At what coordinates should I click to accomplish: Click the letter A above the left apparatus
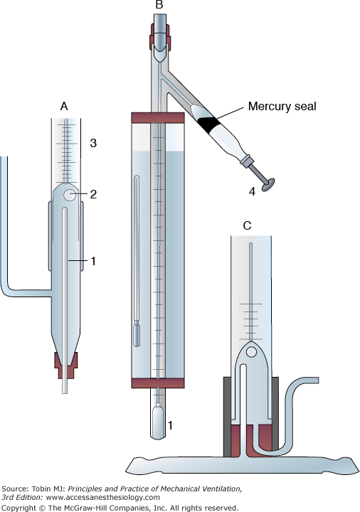pyautogui.click(x=64, y=106)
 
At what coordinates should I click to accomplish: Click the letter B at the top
pyautogui.click(x=159, y=4)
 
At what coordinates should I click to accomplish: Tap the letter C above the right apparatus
pyautogui.click(x=248, y=225)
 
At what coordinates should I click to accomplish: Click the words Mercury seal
pyautogui.click(x=282, y=106)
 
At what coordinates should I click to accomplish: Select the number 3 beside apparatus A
pyautogui.click(x=93, y=143)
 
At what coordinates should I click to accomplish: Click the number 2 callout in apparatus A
pyautogui.click(x=93, y=194)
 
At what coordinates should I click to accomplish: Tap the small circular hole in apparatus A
pyautogui.click(x=69, y=195)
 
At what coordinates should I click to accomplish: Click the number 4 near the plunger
pyautogui.click(x=252, y=192)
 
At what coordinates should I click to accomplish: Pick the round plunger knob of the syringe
pyautogui.click(x=268, y=185)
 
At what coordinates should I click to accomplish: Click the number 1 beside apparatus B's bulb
pyautogui.click(x=170, y=425)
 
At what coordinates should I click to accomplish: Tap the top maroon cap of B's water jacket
pyautogui.click(x=158, y=118)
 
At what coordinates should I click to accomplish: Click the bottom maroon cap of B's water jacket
pyautogui.click(x=158, y=383)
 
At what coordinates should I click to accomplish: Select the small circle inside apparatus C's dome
pyautogui.click(x=251, y=352)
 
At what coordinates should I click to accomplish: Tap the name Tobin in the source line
pyautogui.click(x=40, y=489)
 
